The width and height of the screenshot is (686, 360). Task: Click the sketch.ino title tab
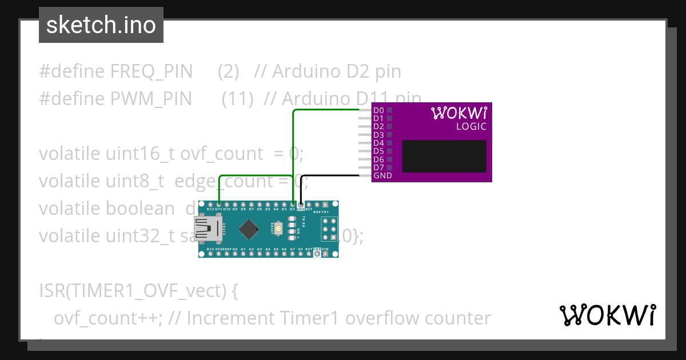(101, 25)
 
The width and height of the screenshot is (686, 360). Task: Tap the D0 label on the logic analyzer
(378, 110)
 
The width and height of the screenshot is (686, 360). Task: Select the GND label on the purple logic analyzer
(382, 176)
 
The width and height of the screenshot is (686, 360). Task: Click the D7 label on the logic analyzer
(378, 167)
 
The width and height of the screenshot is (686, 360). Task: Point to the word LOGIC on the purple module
(471, 126)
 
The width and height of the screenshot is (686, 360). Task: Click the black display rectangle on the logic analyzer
(444, 157)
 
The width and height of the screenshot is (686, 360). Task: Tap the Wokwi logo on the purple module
(458, 113)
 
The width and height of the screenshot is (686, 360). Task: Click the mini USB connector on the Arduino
(205, 229)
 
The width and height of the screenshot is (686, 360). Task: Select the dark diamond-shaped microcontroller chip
(248, 229)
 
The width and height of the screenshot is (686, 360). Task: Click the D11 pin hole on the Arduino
(219, 204)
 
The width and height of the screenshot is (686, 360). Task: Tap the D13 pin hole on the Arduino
(210, 254)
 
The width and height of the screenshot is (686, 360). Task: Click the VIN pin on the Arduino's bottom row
(325, 254)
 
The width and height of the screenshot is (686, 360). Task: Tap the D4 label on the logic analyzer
(378, 143)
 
